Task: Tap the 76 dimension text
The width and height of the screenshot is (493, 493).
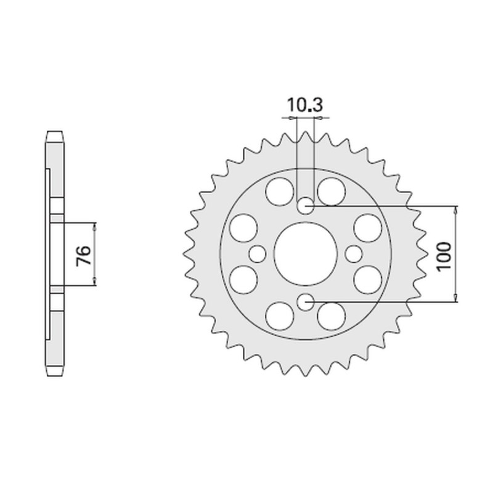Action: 84,254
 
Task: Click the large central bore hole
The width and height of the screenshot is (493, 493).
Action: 306,253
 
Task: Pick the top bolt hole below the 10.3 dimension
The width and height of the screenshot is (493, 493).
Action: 306,206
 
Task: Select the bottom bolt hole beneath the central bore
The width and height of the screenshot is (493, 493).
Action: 306,301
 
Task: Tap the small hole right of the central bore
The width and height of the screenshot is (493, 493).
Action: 354,253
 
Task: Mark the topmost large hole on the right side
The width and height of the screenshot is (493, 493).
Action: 331,190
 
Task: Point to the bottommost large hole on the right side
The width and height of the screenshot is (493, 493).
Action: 331,317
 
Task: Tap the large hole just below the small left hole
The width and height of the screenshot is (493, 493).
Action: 242,279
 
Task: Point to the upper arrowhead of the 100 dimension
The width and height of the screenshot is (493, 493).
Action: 455,210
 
